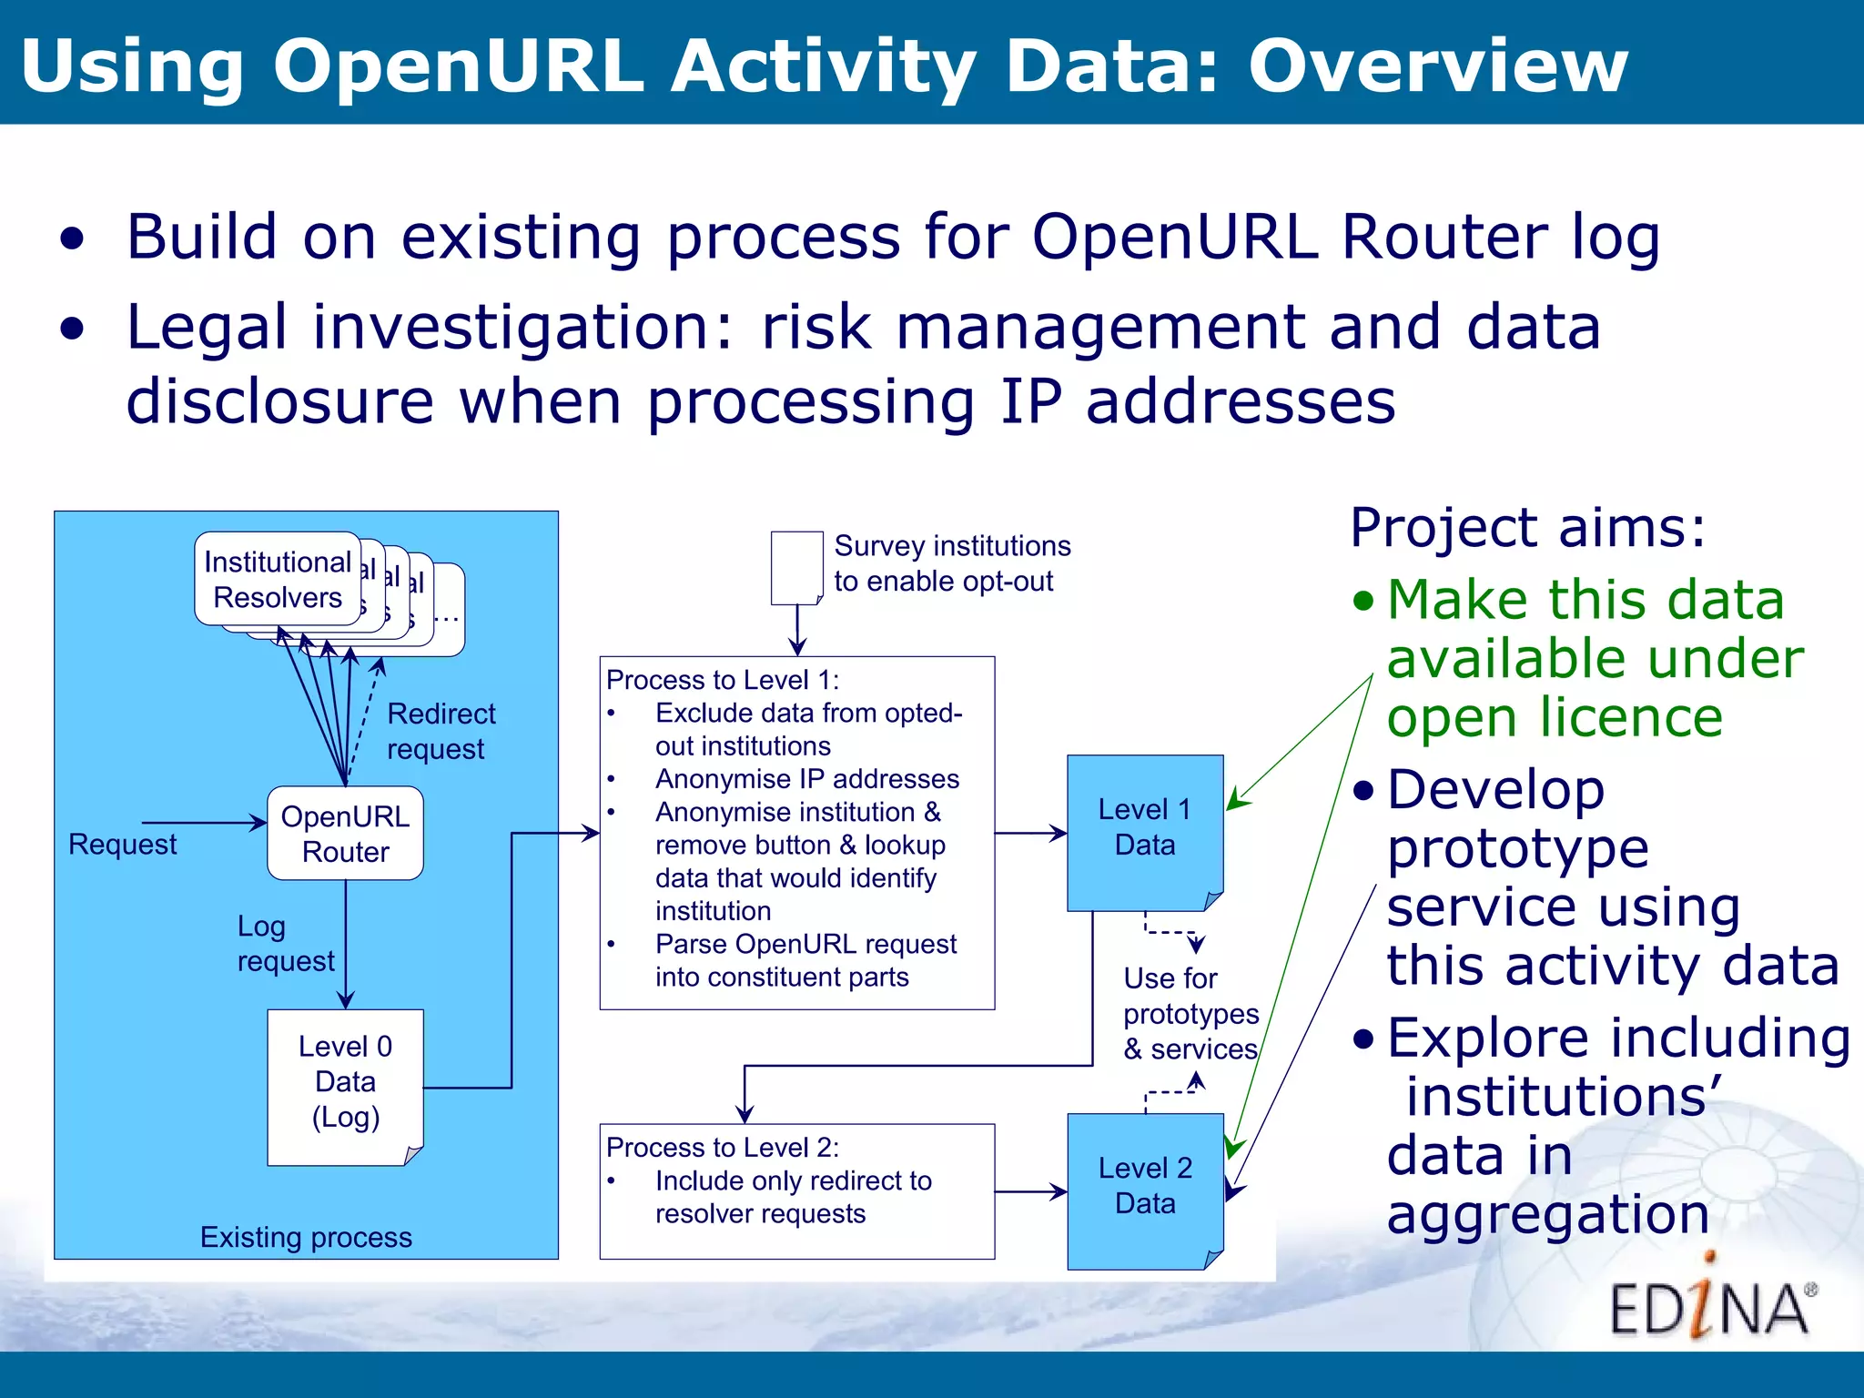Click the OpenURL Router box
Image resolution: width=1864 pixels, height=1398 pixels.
[345, 834]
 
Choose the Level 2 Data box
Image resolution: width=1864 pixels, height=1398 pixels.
[1144, 1189]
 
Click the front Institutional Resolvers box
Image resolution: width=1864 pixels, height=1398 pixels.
[278, 580]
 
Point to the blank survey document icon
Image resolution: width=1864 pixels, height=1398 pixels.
[795, 568]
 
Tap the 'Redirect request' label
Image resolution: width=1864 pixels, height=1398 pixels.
[441, 731]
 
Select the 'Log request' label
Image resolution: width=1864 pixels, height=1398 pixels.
[284, 944]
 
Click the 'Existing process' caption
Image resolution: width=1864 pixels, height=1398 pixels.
[306, 1237]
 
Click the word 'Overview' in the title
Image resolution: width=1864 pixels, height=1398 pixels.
[1437, 66]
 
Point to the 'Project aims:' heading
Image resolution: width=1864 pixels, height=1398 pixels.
[1527, 527]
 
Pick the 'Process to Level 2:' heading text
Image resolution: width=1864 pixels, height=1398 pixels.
[723, 1148]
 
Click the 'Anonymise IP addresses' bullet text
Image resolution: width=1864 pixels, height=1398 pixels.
[806, 779]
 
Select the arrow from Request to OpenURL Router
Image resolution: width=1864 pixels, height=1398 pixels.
[204, 823]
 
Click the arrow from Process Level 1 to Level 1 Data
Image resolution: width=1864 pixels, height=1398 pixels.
[1030, 833]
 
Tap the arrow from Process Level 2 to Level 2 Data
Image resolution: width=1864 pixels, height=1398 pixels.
[1030, 1191]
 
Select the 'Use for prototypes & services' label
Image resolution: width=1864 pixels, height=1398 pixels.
[1190, 1013]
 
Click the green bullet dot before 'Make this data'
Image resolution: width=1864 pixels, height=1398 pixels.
[1363, 601]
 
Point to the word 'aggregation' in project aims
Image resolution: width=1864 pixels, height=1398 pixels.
[1547, 1214]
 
